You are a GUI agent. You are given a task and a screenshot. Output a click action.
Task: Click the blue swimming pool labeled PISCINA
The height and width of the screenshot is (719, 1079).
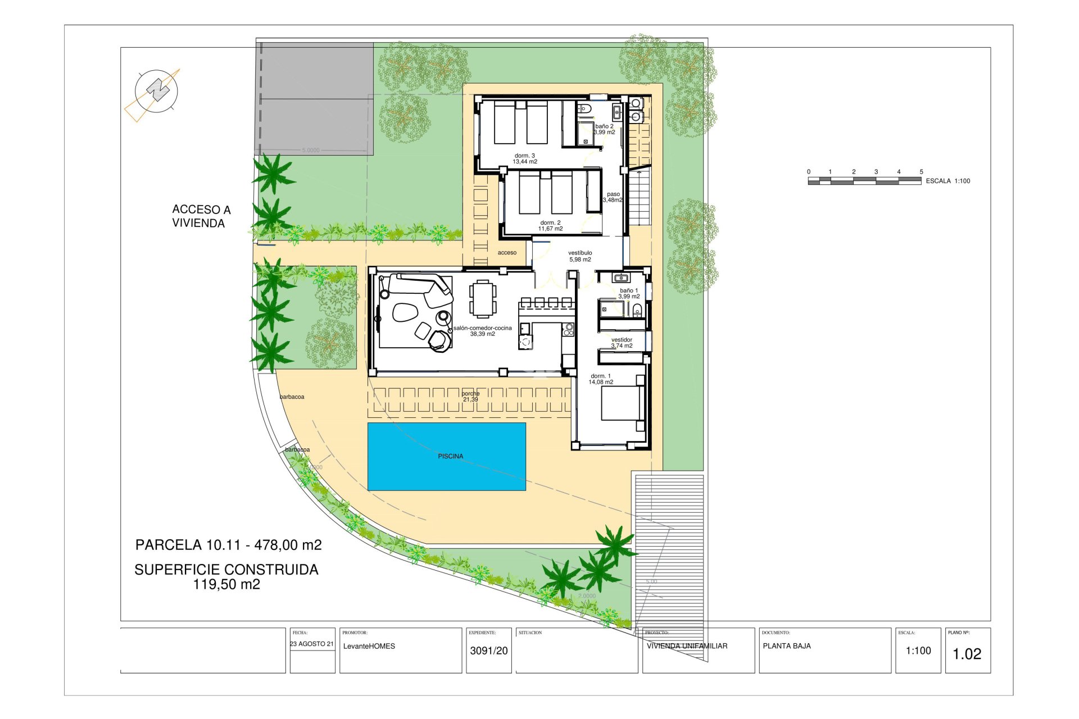[x=446, y=456]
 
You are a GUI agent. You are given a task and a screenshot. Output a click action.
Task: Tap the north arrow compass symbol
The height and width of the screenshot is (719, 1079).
[x=156, y=90]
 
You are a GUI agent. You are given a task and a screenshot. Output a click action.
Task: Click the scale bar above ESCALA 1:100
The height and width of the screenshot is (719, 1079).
[x=864, y=181]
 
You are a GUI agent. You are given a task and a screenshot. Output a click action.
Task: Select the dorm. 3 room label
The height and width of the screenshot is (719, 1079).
[x=524, y=158]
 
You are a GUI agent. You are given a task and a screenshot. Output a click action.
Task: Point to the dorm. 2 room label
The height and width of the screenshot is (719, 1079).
[x=550, y=226]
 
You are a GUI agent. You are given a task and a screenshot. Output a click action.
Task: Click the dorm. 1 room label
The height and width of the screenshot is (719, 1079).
[x=600, y=379]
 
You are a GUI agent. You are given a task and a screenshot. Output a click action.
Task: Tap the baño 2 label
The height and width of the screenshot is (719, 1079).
[x=604, y=129]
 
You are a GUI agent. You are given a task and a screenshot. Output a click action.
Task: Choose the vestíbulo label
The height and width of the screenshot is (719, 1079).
[x=580, y=256]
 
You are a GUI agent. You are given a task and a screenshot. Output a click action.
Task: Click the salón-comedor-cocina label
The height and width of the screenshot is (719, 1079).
[x=482, y=331]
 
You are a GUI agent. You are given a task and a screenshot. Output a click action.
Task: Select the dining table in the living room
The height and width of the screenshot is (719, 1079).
[x=483, y=299]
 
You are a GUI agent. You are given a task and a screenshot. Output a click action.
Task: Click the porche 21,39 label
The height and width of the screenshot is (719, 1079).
[x=470, y=397]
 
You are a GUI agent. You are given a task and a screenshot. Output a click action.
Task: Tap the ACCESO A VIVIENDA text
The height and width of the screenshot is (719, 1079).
[x=201, y=216]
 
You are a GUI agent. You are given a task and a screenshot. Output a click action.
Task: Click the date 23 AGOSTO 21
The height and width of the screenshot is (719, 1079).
[x=312, y=644]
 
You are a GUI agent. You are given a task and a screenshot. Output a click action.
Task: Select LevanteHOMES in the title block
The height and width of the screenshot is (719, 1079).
[x=369, y=646]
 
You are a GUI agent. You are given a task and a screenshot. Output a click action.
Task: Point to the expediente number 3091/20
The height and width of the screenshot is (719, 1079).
[x=488, y=650]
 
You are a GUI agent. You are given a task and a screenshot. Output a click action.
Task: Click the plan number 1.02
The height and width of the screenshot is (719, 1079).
[x=967, y=654]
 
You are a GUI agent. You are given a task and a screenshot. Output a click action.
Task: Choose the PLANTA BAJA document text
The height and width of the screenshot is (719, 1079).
[x=786, y=646]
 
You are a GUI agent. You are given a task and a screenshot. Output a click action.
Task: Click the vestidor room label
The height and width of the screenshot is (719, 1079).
[x=622, y=343]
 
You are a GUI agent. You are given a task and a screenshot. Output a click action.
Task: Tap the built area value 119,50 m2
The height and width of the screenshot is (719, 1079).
[x=226, y=584]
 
